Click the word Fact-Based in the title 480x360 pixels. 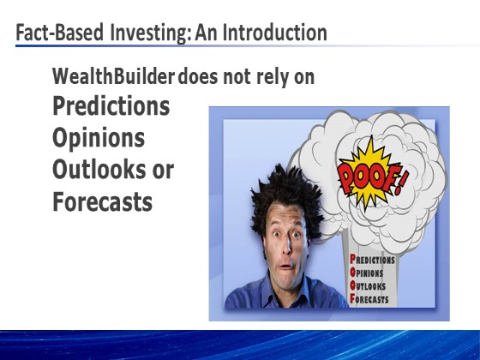[x=60, y=33]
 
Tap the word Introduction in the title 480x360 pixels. [x=274, y=33]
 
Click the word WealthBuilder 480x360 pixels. [x=113, y=76]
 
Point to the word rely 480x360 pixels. [x=273, y=77]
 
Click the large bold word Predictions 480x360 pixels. [x=111, y=105]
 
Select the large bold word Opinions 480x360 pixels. [x=99, y=138]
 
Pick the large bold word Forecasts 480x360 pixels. [x=103, y=201]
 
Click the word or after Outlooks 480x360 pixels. [x=163, y=171]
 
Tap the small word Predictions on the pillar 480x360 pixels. [x=372, y=260]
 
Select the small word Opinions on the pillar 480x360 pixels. [x=367, y=273]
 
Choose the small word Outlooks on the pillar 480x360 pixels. [x=368, y=286]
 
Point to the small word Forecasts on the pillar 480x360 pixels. [x=369, y=299]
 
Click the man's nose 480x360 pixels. [x=286, y=247]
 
